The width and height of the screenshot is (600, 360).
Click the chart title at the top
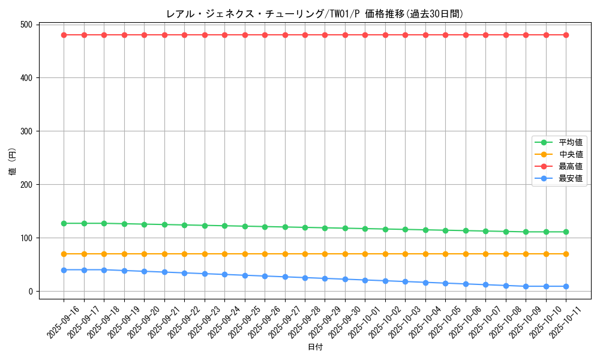314,14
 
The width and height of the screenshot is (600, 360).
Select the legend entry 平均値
570,142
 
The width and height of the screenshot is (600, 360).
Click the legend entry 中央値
570,154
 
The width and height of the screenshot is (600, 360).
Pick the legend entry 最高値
570,166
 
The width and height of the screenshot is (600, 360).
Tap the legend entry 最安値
570,178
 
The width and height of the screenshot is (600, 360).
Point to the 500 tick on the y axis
26,25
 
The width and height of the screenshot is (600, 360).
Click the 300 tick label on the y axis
26,131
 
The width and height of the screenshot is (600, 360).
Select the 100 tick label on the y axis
26,238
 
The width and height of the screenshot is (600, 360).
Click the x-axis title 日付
315,347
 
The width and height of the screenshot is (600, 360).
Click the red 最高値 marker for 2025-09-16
64,35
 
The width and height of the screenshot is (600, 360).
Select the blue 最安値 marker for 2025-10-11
566,286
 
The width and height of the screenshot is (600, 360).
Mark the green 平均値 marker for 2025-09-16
64,223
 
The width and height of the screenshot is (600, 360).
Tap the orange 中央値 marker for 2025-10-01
365,254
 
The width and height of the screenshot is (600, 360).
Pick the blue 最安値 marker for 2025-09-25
245,275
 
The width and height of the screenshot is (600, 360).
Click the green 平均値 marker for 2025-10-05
445,230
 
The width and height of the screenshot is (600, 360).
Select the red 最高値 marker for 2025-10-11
566,35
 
